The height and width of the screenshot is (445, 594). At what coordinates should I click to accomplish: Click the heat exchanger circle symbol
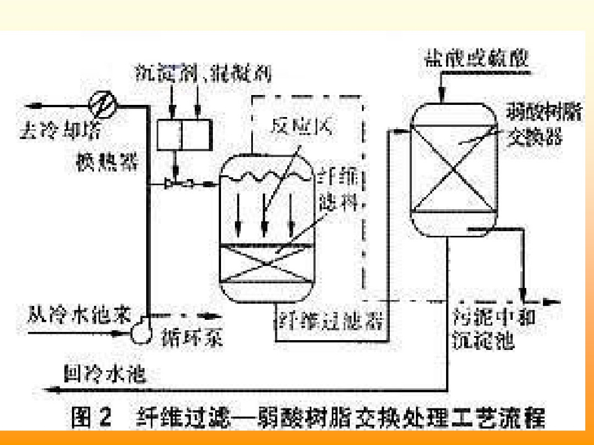(x=103, y=104)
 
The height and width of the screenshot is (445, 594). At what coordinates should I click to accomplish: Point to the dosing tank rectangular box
(x=182, y=134)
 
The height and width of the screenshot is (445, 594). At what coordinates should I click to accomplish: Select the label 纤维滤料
(x=341, y=190)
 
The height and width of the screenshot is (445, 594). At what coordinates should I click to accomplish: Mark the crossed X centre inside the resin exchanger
(x=455, y=169)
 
